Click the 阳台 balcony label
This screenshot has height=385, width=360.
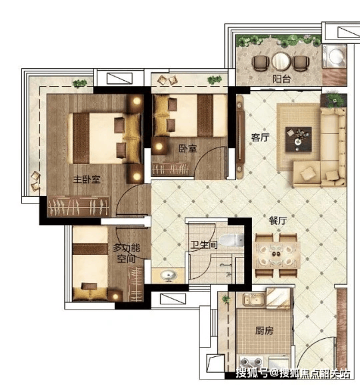coord(282,79)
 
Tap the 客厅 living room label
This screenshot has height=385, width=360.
coord(260,137)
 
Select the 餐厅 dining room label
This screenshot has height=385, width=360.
coord(278,220)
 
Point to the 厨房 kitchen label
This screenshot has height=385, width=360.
coord(264,331)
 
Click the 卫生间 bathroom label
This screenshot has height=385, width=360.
coord(204,245)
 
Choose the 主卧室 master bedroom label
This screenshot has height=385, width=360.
coord(87,179)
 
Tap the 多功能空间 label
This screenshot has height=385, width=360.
coord(126,253)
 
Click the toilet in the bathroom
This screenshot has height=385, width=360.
coord(231,240)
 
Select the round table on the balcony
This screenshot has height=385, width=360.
coord(281,61)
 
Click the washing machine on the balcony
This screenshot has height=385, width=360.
coord(334,56)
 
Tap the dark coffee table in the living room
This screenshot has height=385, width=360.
coord(299,139)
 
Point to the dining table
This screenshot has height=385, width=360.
coord(277,255)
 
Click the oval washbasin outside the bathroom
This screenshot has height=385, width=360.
coord(169,275)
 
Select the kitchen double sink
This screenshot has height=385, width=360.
coord(254,300)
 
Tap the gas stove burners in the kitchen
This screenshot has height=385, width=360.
coord(251,362)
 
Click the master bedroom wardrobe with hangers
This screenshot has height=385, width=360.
coord(79,206)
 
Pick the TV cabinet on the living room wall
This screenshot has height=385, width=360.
coord(240,137)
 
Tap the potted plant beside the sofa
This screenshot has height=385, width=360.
coord(333,99)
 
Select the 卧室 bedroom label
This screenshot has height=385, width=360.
coord(188,149)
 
